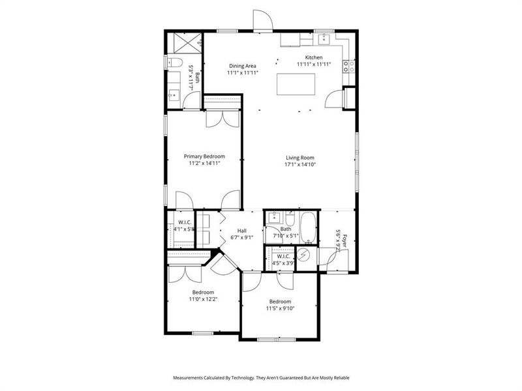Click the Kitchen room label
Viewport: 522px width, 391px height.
(314, 57)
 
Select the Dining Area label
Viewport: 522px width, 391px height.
(242, 66)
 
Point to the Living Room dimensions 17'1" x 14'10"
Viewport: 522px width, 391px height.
(299, 165)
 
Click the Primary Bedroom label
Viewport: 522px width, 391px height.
(204, 156)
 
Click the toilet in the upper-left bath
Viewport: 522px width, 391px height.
(172, 63)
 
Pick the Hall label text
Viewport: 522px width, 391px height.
(241, 231)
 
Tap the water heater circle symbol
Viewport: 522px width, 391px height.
(303, 256)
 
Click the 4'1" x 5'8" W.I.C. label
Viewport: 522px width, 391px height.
(184, 229)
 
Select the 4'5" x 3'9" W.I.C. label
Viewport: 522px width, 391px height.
(283, 263)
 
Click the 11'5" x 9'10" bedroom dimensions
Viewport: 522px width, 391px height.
(280, 309)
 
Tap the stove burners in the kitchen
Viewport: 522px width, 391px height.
(350, 65)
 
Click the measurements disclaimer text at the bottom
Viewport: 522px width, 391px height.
(260, 377)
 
